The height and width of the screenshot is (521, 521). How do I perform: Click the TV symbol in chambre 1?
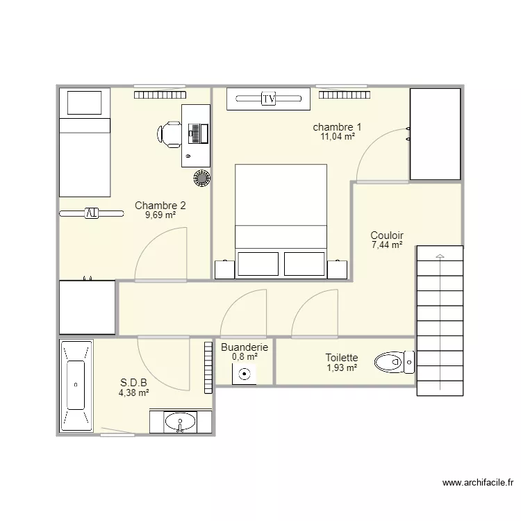click(269, 99)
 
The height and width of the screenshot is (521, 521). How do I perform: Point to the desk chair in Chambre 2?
click(170, 134)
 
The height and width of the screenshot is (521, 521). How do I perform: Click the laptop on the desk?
click(197, 133)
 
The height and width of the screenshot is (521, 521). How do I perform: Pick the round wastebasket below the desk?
click(201, 178)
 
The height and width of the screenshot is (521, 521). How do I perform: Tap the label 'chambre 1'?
click(337, 127)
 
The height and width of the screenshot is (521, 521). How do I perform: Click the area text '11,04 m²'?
click(337, 137)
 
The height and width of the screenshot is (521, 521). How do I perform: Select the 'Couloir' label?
click(387, 235)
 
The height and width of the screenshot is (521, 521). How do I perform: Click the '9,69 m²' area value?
click(160, 215)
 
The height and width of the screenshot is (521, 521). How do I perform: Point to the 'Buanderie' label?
click(245, 347)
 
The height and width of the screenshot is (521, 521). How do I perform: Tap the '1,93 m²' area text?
click(342, 367)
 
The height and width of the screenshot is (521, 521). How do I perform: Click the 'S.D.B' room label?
click(134, 383)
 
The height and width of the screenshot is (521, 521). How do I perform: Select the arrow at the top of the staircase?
click(439, 257)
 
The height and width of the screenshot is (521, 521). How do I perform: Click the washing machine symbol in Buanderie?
click(245, 374)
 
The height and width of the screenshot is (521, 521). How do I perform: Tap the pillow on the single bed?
click(84, 104)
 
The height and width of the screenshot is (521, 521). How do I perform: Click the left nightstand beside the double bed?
click(224, 269)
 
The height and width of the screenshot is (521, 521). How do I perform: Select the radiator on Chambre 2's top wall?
click(160, 94)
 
